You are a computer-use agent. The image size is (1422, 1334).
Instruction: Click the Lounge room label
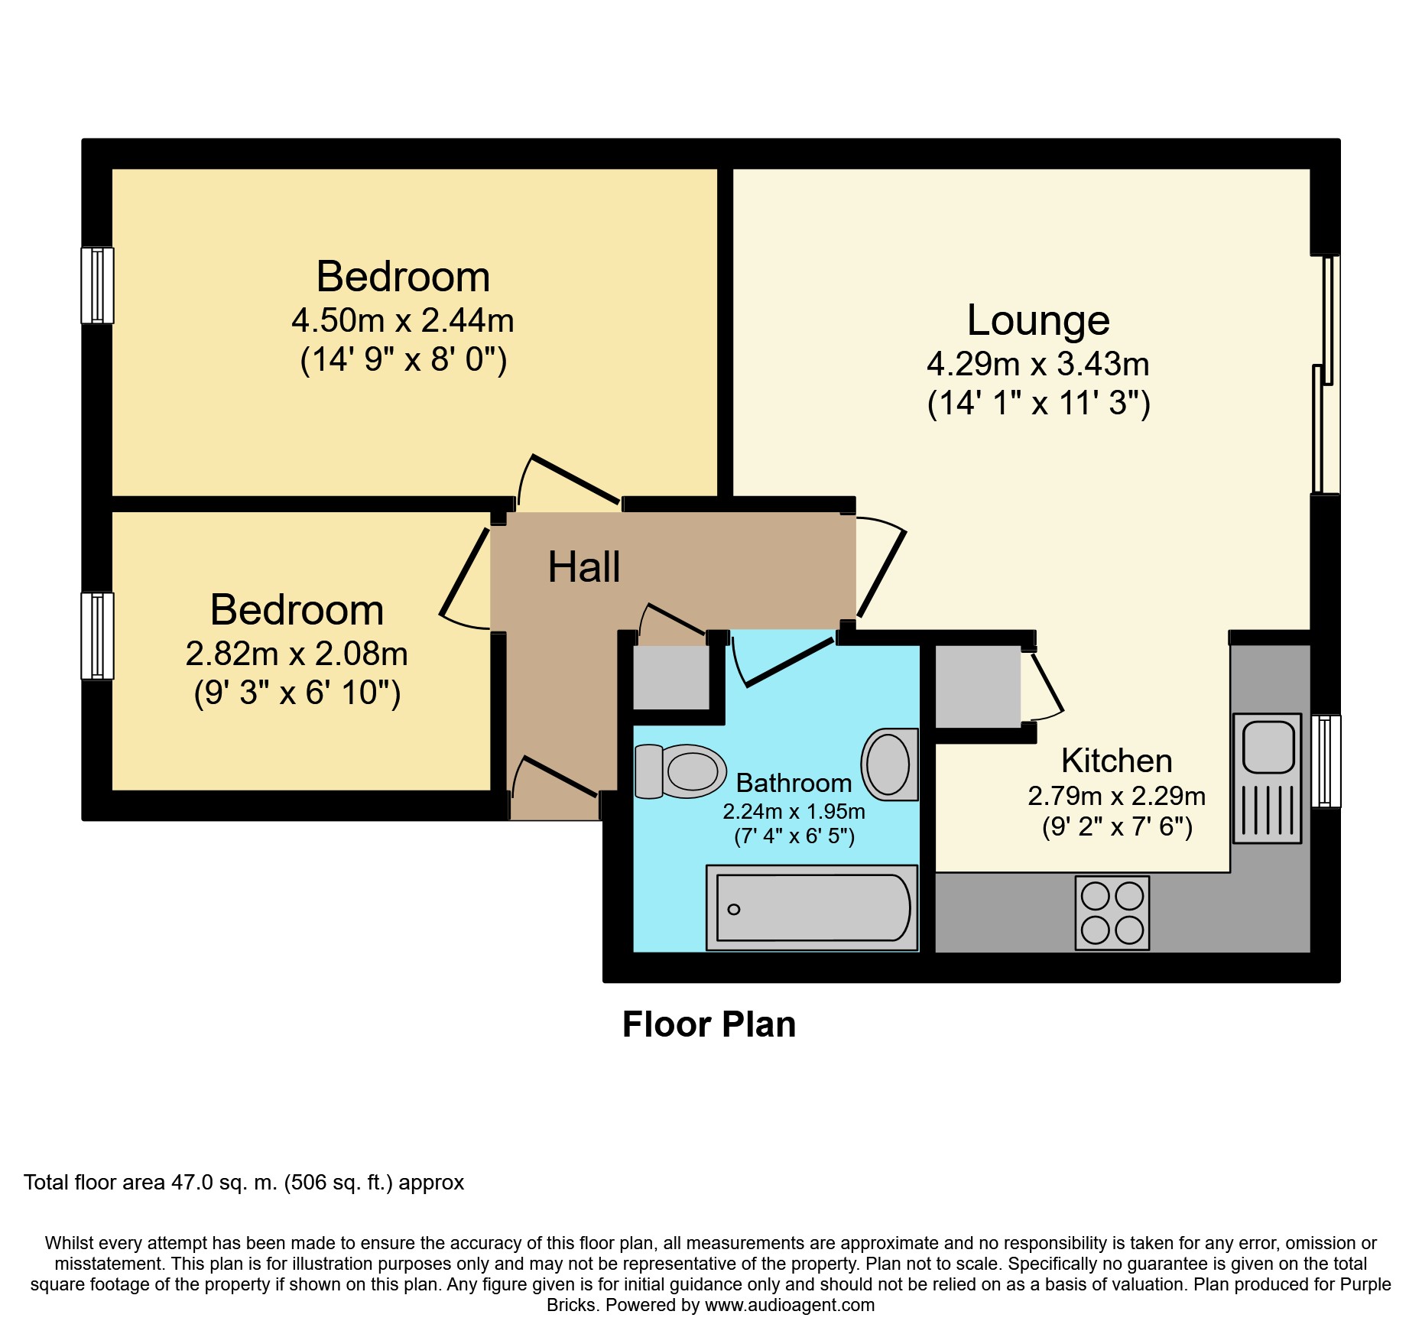click(x=1038, y=320)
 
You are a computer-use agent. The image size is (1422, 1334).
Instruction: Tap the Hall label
click(x=584, y=567)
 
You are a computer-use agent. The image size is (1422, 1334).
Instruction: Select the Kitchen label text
click(x=1116, y=761)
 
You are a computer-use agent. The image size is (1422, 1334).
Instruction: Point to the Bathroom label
click(x=794, y=783)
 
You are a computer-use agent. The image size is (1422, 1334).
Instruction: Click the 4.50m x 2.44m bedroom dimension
click(x=403, y=320)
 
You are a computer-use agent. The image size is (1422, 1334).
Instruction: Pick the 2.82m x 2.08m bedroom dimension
click(x=297, y=654)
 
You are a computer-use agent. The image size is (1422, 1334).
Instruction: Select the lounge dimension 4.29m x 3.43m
click(x=1038, y=364)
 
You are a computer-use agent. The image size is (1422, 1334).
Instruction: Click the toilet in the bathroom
click(x=680, y=771)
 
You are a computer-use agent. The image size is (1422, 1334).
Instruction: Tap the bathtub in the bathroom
click(x=812, y=907)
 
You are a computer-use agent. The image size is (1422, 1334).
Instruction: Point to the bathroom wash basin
click(x=890, y=764)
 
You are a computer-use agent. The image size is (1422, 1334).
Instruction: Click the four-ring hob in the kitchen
click(x=1112, y=913)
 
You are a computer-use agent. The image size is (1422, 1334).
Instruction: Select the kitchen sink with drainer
click(x=1267, y=778)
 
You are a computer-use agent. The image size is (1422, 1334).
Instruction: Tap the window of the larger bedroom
click(x=98, y=285)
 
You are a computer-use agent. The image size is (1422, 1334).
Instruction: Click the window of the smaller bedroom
click(x=98, y=635)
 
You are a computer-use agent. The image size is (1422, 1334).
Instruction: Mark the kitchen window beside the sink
click(x=1326, y=761)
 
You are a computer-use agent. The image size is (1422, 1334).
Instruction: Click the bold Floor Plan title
click(x=709, y=1024)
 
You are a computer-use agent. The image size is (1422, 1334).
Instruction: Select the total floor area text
click(x=244, y=1183)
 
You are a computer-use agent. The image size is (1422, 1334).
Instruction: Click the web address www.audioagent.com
click(x=790, y=1305)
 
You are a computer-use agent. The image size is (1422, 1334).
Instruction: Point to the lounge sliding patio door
click(x=1326, y=375)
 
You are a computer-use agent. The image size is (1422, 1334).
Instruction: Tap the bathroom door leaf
click(x=789, y=662)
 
